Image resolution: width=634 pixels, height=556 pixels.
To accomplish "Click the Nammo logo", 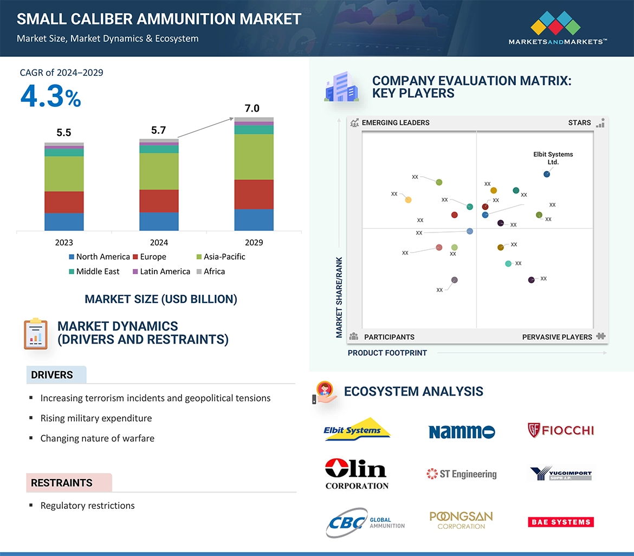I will [x=461, y=431].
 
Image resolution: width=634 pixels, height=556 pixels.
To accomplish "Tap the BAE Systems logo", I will [x=560, y=522].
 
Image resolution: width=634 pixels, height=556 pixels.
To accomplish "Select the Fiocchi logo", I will [x=560, y=430].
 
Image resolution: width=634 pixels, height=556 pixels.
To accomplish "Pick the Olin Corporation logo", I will [x=356, y=473].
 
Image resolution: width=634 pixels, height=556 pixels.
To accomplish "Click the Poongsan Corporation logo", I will [x=461, y=520].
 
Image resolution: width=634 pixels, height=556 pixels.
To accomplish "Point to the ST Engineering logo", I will [x=461, y=474].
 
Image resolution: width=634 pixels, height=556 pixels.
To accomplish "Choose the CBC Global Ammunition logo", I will [x=365, y=522].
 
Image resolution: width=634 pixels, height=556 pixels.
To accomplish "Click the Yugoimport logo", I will [x=560, y=474].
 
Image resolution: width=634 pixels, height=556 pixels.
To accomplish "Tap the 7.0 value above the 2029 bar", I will [x=252, y=108].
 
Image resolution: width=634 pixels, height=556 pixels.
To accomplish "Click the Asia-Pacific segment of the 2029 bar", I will [x=254, y=157].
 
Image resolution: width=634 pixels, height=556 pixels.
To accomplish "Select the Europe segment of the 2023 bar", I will [x=64, y=202].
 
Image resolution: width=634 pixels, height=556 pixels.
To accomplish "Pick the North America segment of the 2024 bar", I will [x=159, y=221].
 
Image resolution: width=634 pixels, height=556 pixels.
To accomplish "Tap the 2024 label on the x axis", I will [x=159, y=243].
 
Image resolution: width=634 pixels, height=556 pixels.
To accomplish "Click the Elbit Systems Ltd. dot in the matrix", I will [x=547, y=174].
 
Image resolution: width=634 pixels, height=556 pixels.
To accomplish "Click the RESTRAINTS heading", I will [x=62, y=483].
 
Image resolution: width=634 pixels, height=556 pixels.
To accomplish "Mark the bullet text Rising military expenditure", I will [x=96, y=418].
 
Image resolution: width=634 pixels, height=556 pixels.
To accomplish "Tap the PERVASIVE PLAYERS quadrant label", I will [x=557, y=337].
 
